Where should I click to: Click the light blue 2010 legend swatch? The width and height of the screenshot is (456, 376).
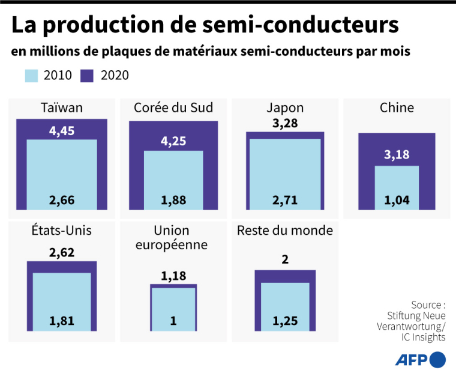click(x=32, y=75)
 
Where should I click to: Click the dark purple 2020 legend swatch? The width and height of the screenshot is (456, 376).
click(x=88, y=75)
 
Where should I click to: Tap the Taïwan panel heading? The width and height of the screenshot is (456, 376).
click(x=62, y=108)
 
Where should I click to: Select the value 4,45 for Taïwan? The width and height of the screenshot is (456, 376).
click(x=62, y=130)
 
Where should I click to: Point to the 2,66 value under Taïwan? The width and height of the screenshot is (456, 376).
click(x=62, y=200)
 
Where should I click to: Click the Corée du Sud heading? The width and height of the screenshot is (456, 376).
click(x=173, y=108)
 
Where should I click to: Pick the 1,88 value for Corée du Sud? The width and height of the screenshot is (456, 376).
click(x=173, y=200)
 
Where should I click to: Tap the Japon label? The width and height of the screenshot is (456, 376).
click(x=285, y=108)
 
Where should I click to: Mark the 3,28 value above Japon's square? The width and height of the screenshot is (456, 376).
click(x=285, y=124)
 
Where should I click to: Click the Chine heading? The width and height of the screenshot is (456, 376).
click(x=397, y=108)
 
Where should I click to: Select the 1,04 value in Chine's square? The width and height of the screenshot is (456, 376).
click(x=397, y=200)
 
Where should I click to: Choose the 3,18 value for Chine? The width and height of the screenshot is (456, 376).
click(x=397, y=155)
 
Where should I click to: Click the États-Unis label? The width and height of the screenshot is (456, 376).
click(x=62, y=231)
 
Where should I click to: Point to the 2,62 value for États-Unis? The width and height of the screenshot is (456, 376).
click(x=62, y=253)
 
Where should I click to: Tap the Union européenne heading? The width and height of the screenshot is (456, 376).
click(x=173, y=238)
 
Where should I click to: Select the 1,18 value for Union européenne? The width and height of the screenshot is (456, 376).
click(x=173, y=276)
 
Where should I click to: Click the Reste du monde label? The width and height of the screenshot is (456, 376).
click(x=285, y=231)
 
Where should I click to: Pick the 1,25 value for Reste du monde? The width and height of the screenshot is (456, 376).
click(x=285, y=321)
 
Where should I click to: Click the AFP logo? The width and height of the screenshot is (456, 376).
click(x=420, y=360)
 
